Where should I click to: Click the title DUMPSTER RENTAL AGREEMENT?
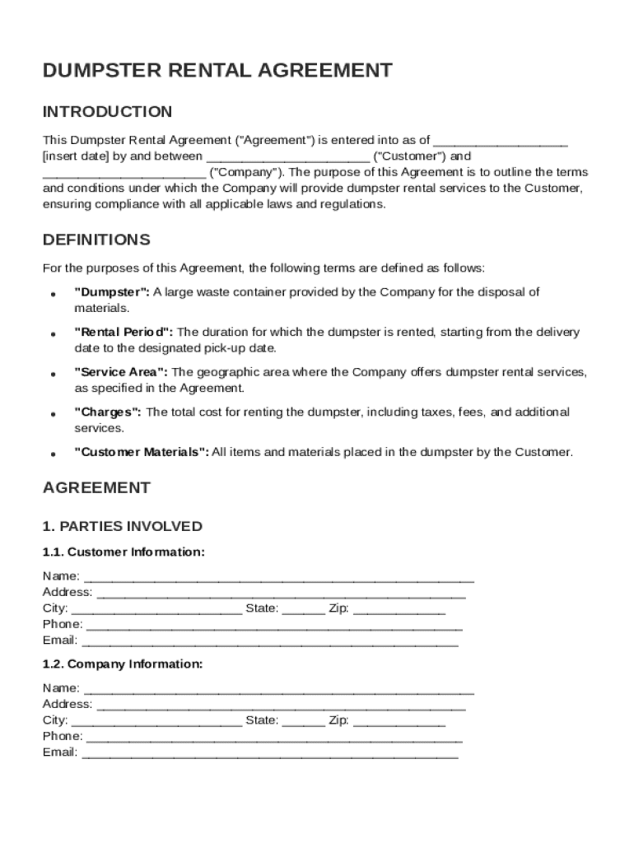tap(217, 71)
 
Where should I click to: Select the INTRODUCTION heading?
tap(107, 112)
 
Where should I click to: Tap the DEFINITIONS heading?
tap(96, 240)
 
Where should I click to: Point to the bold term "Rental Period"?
tap(124, 333)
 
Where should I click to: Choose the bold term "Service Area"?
tap(121, 372)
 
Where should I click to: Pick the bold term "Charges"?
tap(108, 412)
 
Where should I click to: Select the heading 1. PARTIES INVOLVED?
tap(122, 526)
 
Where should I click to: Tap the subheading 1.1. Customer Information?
tap(124, 552)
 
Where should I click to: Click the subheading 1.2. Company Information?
tap(123, 664)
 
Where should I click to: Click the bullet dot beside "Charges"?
tap(53, 414)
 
